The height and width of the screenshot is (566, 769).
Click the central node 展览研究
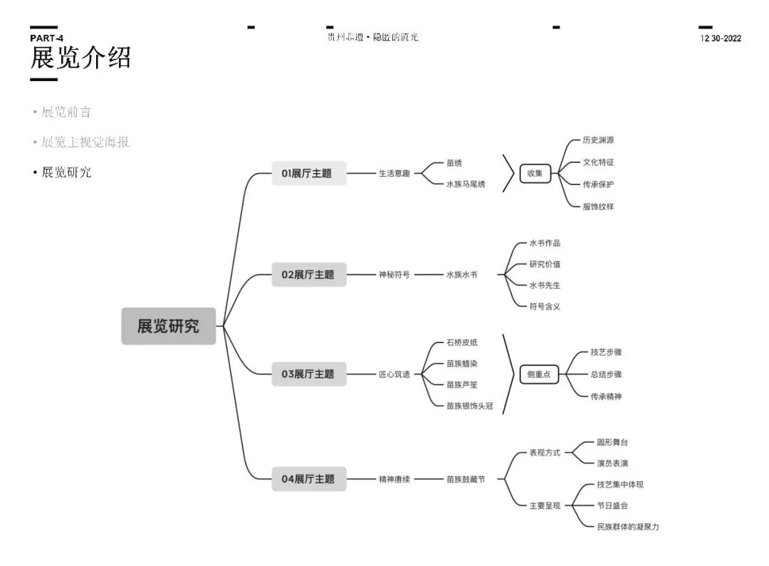click(x=168, y=326)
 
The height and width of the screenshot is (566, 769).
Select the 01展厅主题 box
click(x=309, y=173)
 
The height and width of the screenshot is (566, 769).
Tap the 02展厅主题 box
click(x=309, y=274)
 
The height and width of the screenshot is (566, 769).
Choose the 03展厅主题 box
click(x=309, y=374)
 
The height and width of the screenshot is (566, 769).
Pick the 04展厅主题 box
click(x=309, y=479)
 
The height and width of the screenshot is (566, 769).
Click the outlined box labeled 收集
click(x=535, y=173)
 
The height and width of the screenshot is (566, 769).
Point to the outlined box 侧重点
click(x=539, y=374)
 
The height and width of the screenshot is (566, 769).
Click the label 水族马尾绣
click(x=466, y=184)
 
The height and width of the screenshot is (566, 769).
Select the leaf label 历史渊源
click(x=598, y=140)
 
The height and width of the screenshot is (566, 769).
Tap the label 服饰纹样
click(x=598, y=206)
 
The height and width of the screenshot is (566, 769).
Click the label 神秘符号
click(x=394, y=274)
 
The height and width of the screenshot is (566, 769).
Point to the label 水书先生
click(x=545, y=285)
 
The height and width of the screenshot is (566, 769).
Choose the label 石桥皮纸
click(x=462, y=342)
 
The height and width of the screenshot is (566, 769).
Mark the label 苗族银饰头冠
click(x=470, y=406)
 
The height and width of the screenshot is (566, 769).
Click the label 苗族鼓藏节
click(x=466, y=480)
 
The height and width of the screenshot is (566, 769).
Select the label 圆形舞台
click(x=612, y=442)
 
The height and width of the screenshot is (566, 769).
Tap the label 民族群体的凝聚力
click(x=628, y=527)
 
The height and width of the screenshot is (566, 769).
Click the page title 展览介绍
click(x=80, y=58)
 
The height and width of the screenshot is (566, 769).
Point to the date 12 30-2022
click(x=721, y=38)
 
